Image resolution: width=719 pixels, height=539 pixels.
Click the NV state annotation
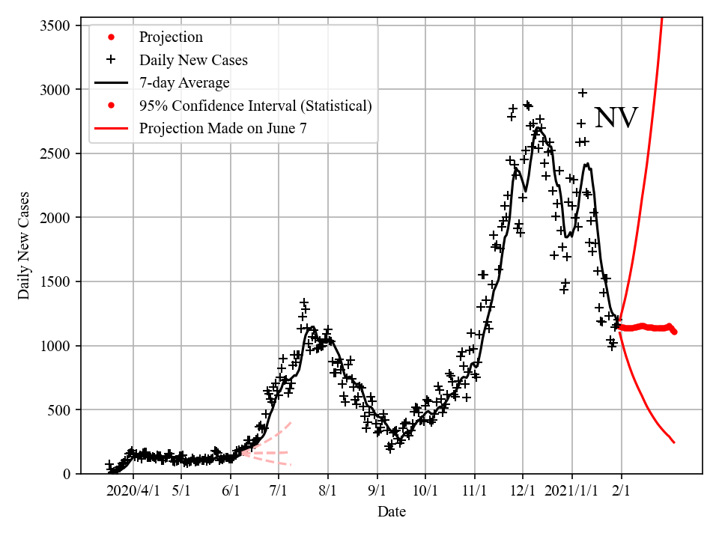coord(616,118)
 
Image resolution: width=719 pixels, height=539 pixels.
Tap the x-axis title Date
coord(392,512)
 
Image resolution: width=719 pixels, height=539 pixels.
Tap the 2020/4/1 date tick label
coord(133,491)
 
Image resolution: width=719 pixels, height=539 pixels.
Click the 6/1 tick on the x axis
coord(231,491)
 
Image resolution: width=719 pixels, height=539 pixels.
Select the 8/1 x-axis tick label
coord(328,491)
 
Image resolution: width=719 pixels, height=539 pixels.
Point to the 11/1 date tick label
coord(474,491)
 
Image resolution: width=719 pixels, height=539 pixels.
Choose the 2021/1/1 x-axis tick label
coord(571,491)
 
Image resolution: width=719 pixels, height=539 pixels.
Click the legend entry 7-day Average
coord(184,82)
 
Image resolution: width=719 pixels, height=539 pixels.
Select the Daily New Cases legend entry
coord(193,60)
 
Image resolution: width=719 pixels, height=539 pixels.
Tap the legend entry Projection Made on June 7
coord(222,129)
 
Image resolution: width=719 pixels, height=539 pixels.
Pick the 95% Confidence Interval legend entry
coord(255,106)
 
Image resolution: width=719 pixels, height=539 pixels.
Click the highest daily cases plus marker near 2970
coord(582,93)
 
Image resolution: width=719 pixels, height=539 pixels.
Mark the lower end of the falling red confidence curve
coord(673,442)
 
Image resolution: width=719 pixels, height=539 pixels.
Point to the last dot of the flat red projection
coord(675,332)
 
